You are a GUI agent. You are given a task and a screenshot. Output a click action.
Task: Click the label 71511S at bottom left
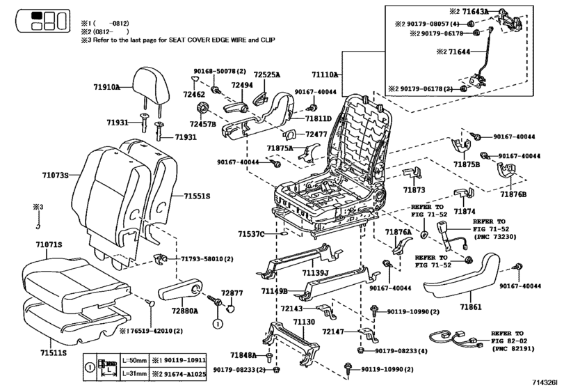53,354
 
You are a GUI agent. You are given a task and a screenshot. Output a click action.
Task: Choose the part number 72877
232,293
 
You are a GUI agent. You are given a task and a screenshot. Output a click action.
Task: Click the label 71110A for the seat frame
325,74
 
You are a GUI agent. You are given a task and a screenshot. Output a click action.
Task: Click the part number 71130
304,322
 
